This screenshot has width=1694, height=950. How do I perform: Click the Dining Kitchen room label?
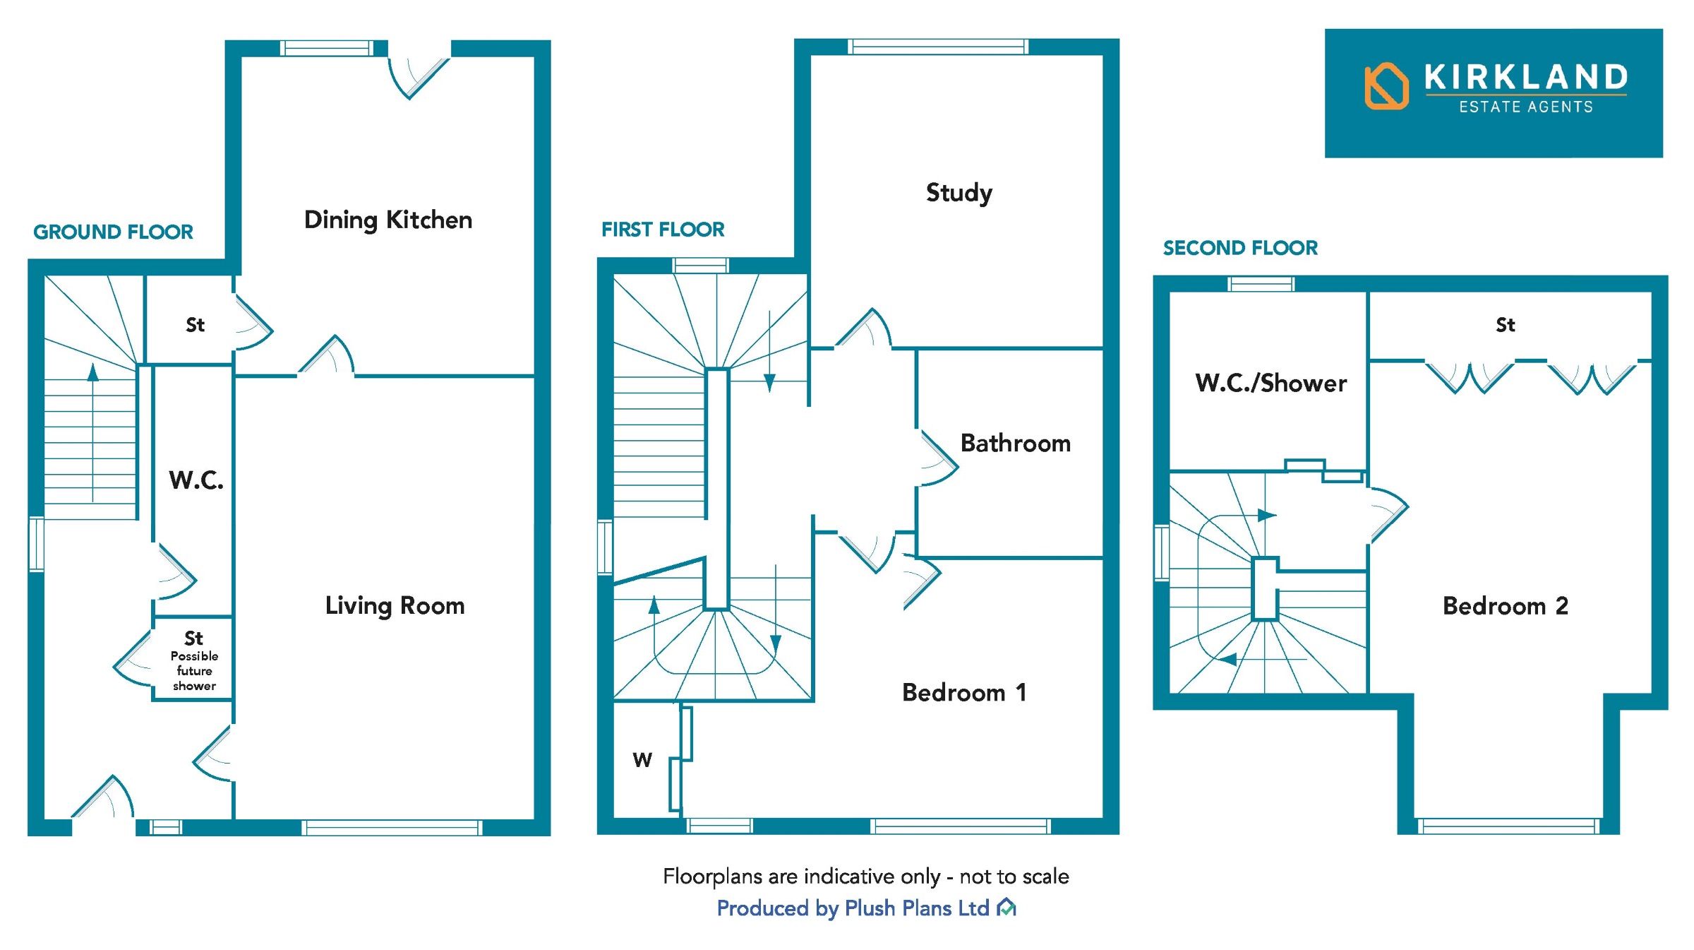click(388, 220)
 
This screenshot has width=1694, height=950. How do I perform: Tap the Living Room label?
click(395, 605)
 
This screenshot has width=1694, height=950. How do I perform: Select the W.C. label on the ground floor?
click(196, 480)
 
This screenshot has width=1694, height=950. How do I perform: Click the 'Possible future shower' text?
click(194, 671)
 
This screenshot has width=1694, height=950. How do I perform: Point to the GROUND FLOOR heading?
click(113, 232)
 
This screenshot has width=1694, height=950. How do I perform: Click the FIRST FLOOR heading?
click(662, 230)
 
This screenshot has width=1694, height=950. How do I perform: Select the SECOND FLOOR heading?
click(1239, 248)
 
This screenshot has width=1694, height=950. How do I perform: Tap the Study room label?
click(959, 192)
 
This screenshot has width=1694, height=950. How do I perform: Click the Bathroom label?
click(1015, 443)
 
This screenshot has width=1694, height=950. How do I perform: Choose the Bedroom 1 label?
click(963, 692)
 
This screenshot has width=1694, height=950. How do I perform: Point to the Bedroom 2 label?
click(1505, 605)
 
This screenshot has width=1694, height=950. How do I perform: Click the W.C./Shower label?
click(1270, 383)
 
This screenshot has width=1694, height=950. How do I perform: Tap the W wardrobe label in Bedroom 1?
click(642, 760)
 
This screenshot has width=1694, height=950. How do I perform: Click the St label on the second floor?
click(1505, 325)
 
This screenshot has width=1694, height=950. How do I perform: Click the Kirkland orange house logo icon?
click(1386, 87)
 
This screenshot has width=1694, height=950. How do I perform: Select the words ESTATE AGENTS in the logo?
click(1525, 107)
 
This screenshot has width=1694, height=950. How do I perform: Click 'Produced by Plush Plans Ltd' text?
click(853, 908)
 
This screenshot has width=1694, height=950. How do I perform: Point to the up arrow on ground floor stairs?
click(92, 372)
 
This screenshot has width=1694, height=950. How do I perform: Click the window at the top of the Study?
click(937, 47)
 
